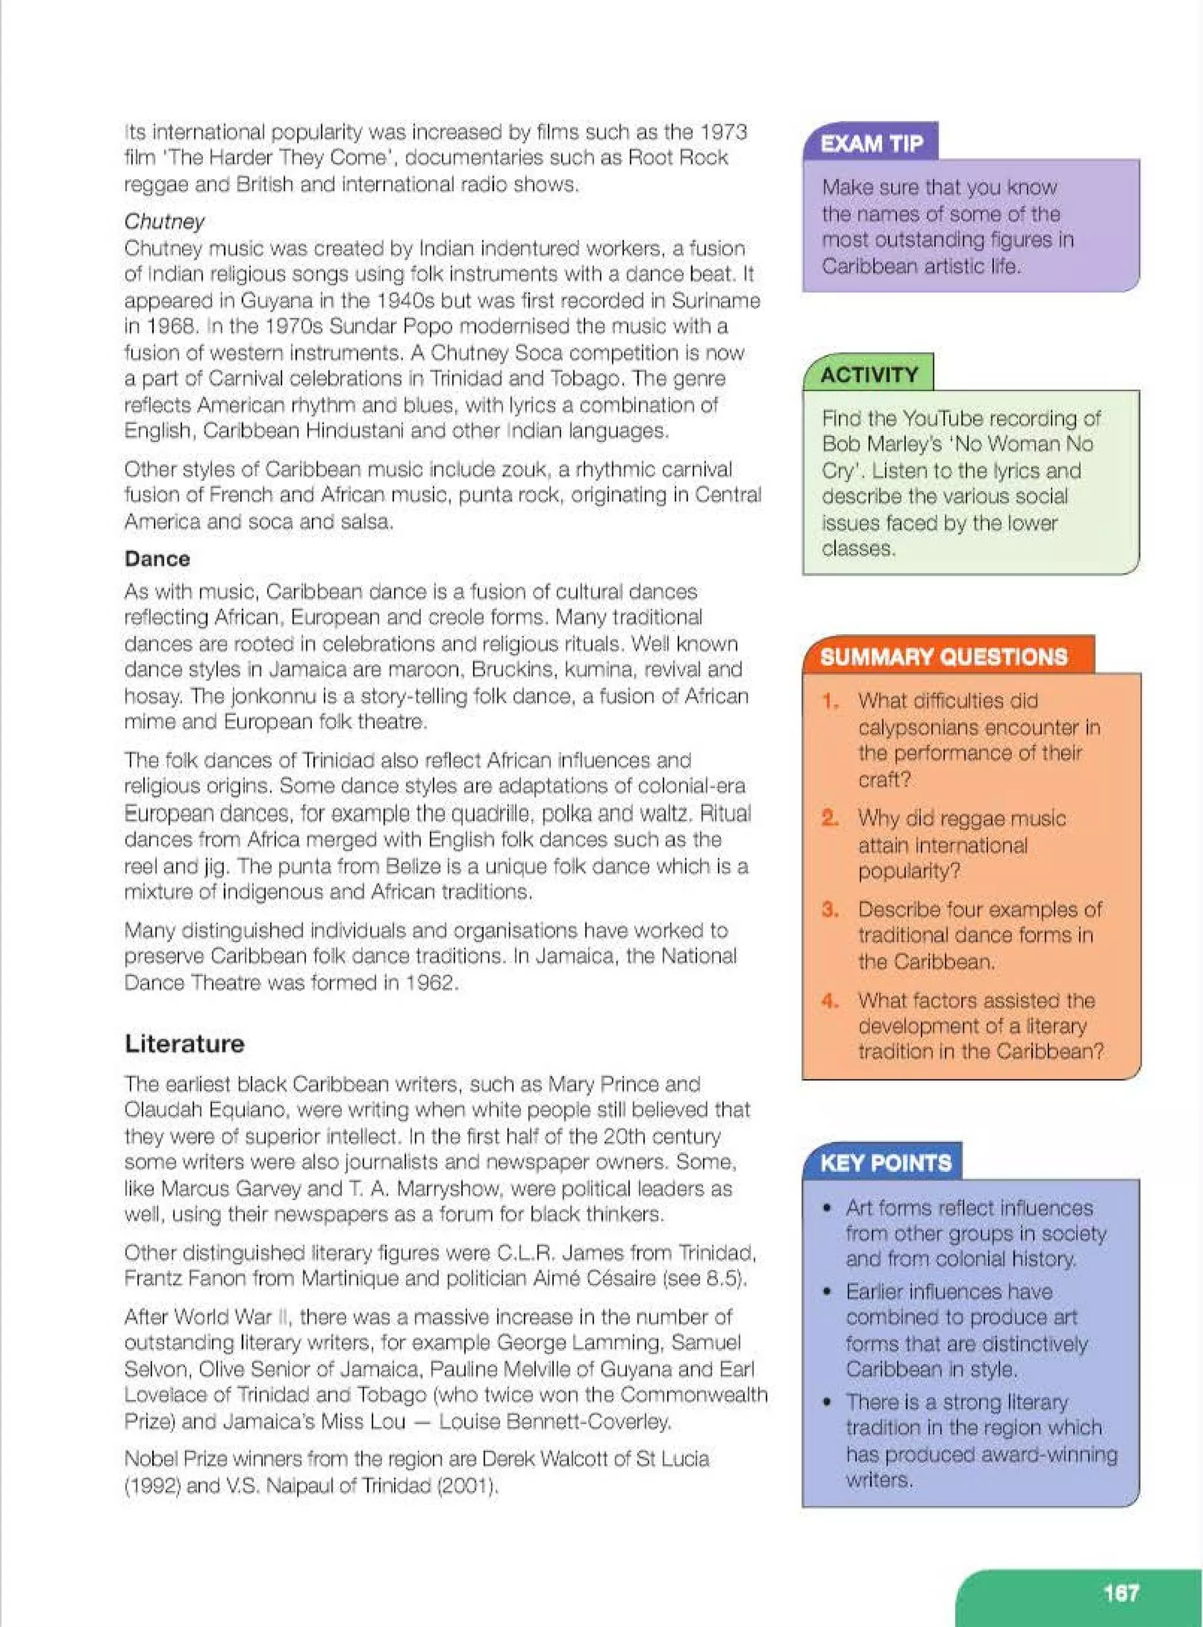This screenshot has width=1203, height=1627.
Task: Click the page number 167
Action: [1120, 1593]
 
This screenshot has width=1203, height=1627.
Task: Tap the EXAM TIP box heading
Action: [871, 143]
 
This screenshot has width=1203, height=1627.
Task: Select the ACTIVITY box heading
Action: [869, 374]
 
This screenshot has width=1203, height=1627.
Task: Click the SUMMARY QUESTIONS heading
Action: [944, 657]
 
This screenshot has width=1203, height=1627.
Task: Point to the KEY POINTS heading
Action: [885, 1162]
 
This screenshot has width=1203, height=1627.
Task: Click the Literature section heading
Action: [184, 1043]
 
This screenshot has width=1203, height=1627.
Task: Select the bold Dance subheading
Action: [157, 559]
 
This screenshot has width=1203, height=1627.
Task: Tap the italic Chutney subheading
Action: [164, 221]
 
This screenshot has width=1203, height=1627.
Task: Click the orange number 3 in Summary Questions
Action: [829, 910]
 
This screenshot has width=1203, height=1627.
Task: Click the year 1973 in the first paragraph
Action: [723, 133]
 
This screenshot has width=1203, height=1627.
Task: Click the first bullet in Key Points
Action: [826, 1208]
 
